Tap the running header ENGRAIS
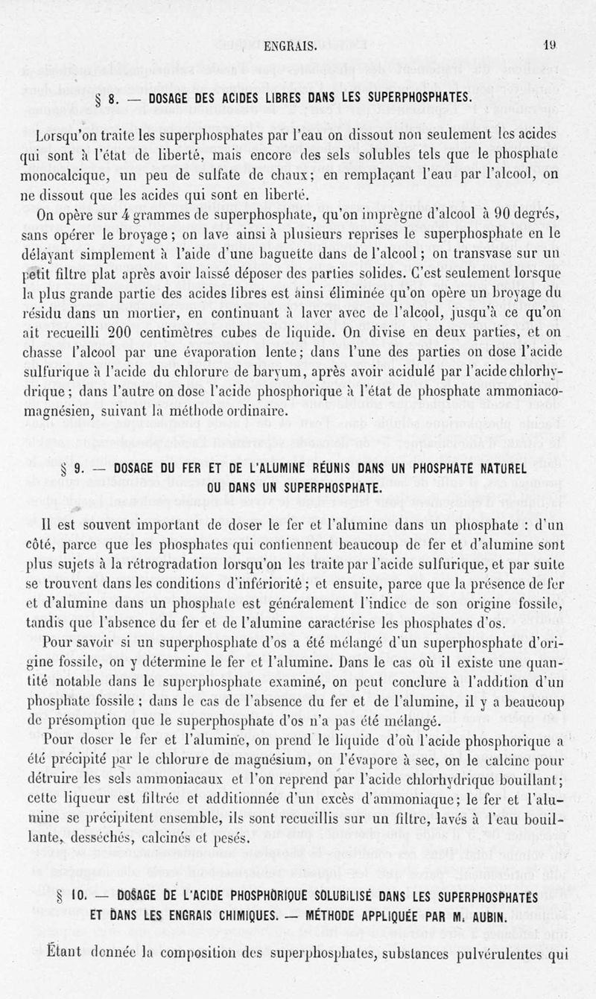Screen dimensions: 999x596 (291, 45)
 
